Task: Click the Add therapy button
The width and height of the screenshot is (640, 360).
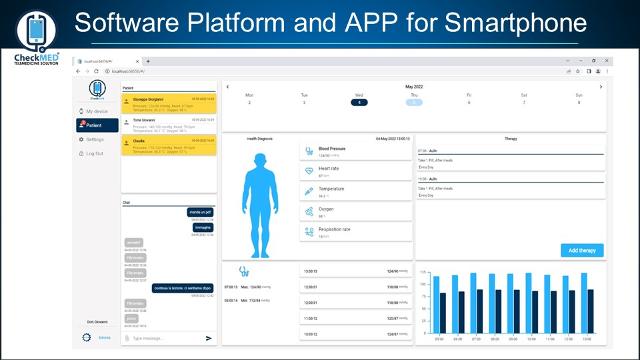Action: point(582,250)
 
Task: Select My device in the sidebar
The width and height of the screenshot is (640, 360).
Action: point(96,111)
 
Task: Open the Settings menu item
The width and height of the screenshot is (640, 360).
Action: point(95,139)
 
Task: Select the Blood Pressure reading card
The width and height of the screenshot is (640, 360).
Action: point(356,151)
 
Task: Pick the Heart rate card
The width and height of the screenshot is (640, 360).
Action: point(356,172)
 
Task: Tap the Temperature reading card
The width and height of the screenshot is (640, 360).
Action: point(356,191)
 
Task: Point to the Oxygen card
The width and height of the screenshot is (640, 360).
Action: point(356,212)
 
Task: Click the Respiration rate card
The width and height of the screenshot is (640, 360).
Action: point(356,232)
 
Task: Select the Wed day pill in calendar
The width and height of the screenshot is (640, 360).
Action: point(359,103)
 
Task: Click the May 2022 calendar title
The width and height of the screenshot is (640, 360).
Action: point(413,86)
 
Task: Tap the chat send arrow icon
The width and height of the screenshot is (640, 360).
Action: point(209,338)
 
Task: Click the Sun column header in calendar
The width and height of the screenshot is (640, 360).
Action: point(578,95)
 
